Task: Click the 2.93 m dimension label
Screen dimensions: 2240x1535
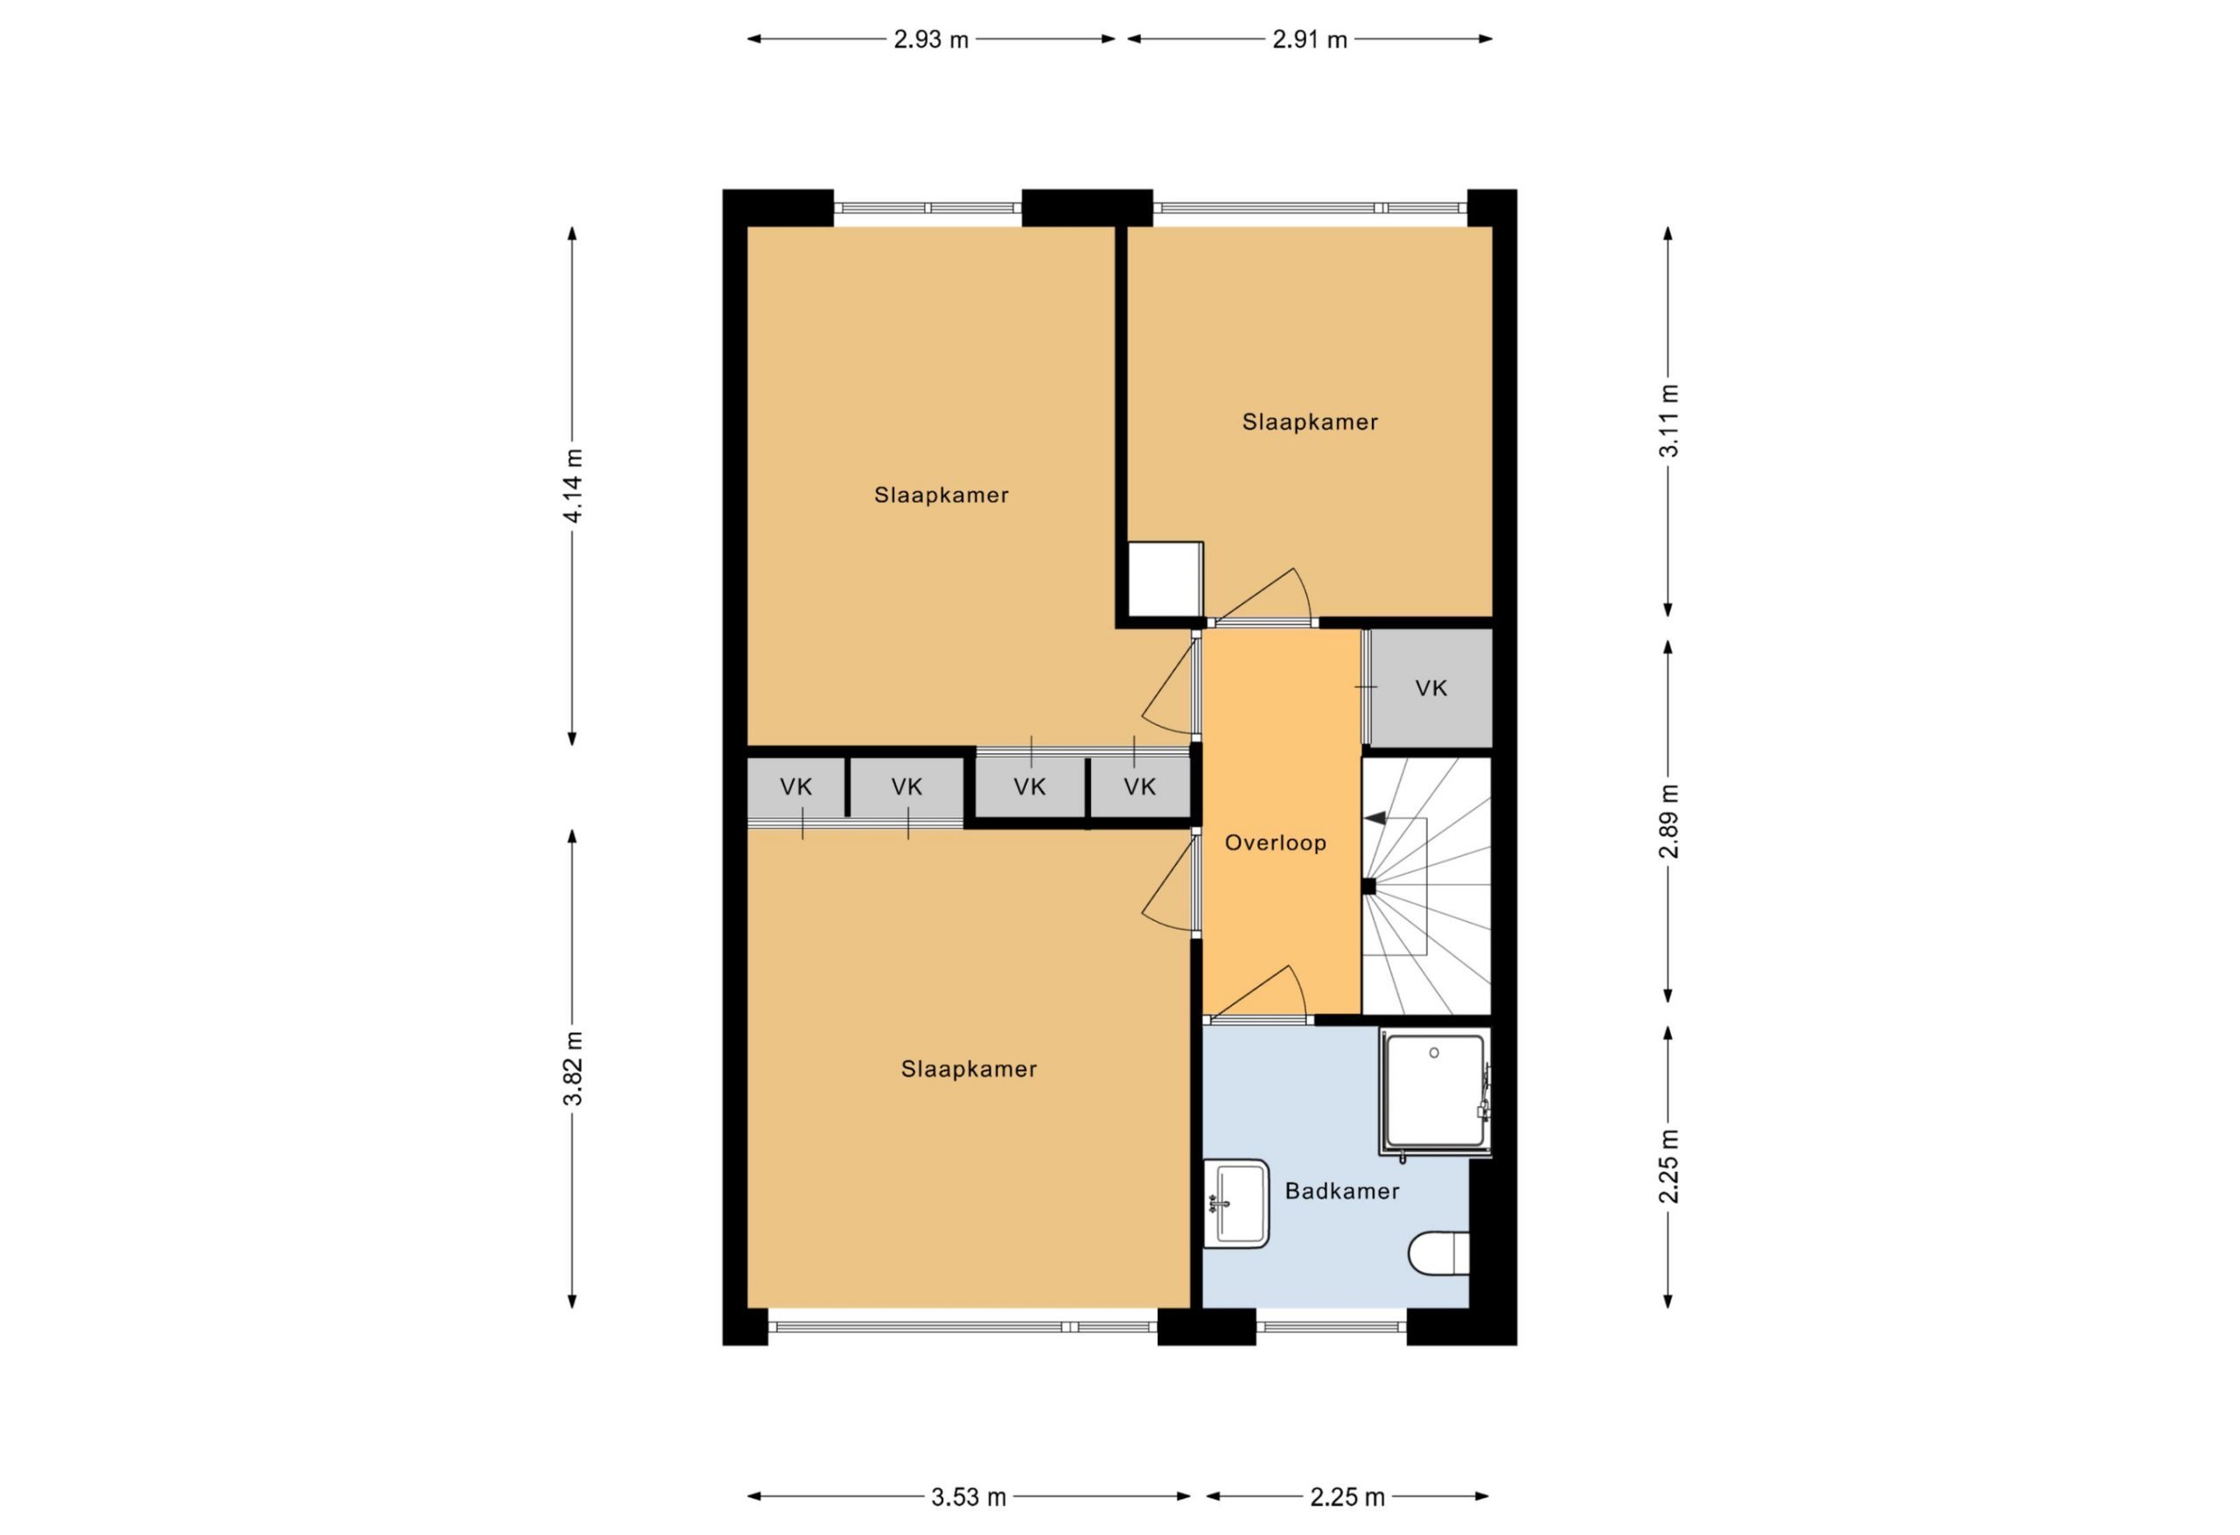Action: click(x=930, y=39)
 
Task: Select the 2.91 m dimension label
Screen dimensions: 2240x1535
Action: click(x=1309, y=39)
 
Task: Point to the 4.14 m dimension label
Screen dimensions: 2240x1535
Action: click(x=572, y=485)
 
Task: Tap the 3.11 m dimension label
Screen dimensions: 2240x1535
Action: click(x=1669, y=421)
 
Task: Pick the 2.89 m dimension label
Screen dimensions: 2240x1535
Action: click(x=1669, y=821)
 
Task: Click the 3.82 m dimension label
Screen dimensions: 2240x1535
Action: click(x=572, y=1069)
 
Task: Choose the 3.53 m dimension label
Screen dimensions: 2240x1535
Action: click(x=968, y=1497)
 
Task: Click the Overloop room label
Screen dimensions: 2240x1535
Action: click(x=1275, y=843)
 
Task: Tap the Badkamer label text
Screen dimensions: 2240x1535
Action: click(x=1341, y=1191)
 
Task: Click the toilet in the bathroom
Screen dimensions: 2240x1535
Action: click(x=1439, y=1253)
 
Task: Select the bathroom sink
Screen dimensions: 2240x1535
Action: click(x=1236, y=1204)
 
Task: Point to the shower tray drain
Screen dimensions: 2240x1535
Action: click(x=1434, y=1053)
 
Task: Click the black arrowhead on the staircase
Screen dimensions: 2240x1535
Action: click(x=1375, y=818)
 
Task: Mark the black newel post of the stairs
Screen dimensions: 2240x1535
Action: click(x=1368, y=887)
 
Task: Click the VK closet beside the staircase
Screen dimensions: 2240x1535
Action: click(x=1431, y=688)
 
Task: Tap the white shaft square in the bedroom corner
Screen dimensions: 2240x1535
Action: click(x=1165, y=579)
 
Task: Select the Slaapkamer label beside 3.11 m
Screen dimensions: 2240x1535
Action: click(x=1310, y=422)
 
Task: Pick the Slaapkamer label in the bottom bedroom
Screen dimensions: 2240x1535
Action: click(x=969, y=1069)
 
